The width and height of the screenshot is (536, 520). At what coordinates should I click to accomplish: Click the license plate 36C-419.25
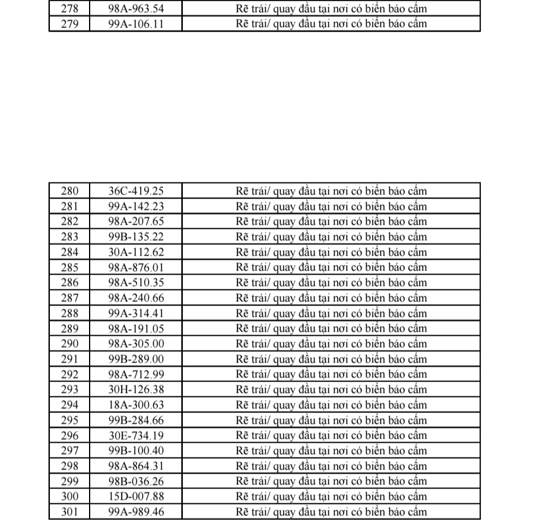click(x=136, y=191)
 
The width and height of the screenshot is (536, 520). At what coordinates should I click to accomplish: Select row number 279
click(x=69, y=24)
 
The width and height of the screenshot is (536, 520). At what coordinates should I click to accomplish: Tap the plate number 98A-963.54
click(x=136, y=10)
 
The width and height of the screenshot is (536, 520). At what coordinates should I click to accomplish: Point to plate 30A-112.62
click(x=136, y=252)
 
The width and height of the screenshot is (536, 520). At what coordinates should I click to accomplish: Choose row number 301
click(x=69, y=511)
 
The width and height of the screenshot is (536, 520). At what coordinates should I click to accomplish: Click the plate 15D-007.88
click(x=136, y=496)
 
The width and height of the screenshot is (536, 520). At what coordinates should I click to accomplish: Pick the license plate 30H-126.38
click(x=136, y=389)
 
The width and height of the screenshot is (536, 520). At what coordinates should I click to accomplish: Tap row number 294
click(x=69, y=405)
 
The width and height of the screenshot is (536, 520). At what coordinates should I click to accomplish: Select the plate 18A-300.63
click(x=136, y=405)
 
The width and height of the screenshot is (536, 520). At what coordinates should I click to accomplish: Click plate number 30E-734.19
click(x=136, y=435)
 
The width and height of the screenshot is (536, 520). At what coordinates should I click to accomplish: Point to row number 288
click(x=69, y=313)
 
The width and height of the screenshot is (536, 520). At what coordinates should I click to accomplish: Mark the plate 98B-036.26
click(x=136, y=481)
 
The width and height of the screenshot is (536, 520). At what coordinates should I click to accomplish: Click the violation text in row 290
click(x=331, y=343)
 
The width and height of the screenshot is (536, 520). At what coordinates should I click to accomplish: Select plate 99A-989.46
click(x=136, y=511)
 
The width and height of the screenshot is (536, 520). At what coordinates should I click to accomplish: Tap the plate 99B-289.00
click(x=136, y=359)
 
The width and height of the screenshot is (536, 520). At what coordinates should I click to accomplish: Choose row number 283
click(x=69, y=237)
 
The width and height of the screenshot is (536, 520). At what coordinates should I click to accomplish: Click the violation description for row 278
click(x=331, y=10)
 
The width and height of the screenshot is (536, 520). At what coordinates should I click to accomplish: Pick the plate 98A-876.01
click(x=136, y=267)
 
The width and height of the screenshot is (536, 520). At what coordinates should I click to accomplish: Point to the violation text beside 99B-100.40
click(x=331, y=450)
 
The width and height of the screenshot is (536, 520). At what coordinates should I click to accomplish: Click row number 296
click(x=69, y=435)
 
